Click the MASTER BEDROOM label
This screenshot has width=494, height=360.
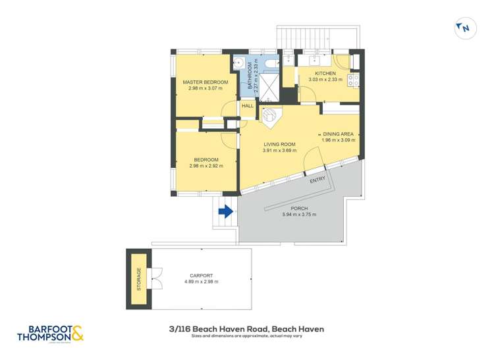205,82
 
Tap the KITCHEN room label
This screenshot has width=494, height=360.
325,73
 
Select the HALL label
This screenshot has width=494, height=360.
248,105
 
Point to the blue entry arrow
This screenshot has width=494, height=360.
226,212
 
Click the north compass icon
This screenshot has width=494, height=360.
464,28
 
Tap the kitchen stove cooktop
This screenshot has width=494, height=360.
354,80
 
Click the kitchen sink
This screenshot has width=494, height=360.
306,61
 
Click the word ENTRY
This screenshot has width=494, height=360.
317,180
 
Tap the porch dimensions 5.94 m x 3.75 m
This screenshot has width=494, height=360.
299,215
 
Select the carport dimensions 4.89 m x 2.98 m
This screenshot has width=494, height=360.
201,282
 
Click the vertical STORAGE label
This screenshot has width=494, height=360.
139,279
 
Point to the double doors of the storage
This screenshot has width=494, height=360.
155,279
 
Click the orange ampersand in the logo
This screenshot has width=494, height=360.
77,334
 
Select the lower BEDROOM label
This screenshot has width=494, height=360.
206,159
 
